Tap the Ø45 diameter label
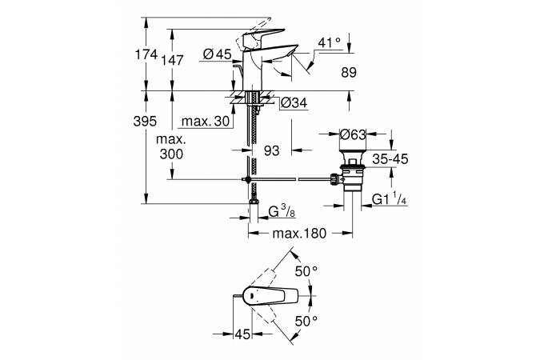tap(217, 54)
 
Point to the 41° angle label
tap(330, 41)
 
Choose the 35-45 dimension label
tap(390, 158)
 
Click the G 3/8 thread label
tap(279, 212)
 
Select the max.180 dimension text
tap(299, 234)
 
